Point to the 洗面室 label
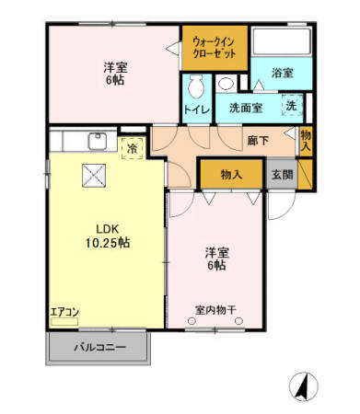click(x=245, y=107)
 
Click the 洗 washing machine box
click(x=291, y=106)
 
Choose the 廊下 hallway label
click(x=259, y=141)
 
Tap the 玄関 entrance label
click(x=282, y=175)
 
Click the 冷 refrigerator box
click(x=133, y=147)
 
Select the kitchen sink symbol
click(x=95, y=142)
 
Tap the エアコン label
click(x=64, y=313)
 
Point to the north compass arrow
click(x=302, y=384)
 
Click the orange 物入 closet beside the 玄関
click(x=231, y=174)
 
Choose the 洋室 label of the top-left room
click(x=115, y=66)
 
